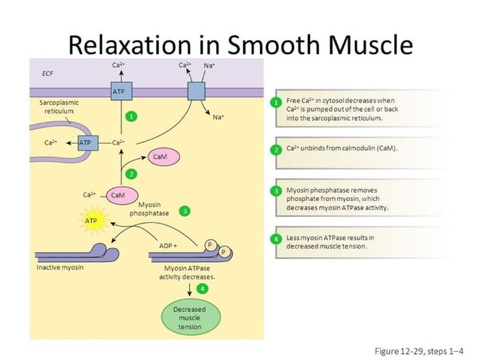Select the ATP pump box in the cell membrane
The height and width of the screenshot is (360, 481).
[x=118, y=92]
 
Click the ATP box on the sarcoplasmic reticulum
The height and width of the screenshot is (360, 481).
[x=87, y=142]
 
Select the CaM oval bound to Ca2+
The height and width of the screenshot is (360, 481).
[x=118, y=195]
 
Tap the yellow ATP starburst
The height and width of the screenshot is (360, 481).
[x=91, y=221]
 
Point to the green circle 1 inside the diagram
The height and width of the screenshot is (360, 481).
[x=131, y=117]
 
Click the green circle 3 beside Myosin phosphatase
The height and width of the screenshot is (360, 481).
[x=185, y=212]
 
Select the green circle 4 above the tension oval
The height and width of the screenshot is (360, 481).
[x=202, y=288]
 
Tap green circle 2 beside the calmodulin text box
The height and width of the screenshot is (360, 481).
[x=277, y=149]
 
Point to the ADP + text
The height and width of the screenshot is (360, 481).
[x=168, y=246]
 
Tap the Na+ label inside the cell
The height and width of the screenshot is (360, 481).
[x=218, y=117]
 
